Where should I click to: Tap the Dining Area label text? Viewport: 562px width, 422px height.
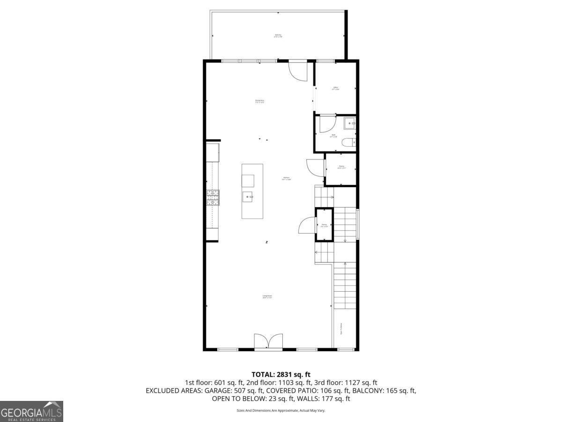260,101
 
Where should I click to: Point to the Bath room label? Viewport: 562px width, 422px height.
333,136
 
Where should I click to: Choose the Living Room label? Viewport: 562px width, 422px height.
267,296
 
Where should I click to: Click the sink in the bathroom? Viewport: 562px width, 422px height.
350,124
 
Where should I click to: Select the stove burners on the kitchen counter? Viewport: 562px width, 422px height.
213,198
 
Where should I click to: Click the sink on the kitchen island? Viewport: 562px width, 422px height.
248,197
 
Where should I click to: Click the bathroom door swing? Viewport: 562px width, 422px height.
327,125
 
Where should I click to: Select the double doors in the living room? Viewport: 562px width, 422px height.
268,341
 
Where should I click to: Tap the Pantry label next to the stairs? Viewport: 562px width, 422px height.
324,226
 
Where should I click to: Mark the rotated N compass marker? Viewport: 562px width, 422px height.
266,242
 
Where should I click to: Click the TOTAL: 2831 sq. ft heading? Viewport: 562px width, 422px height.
281,374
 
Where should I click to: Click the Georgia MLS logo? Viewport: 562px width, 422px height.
31,411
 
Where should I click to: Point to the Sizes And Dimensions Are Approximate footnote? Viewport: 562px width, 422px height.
281,410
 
